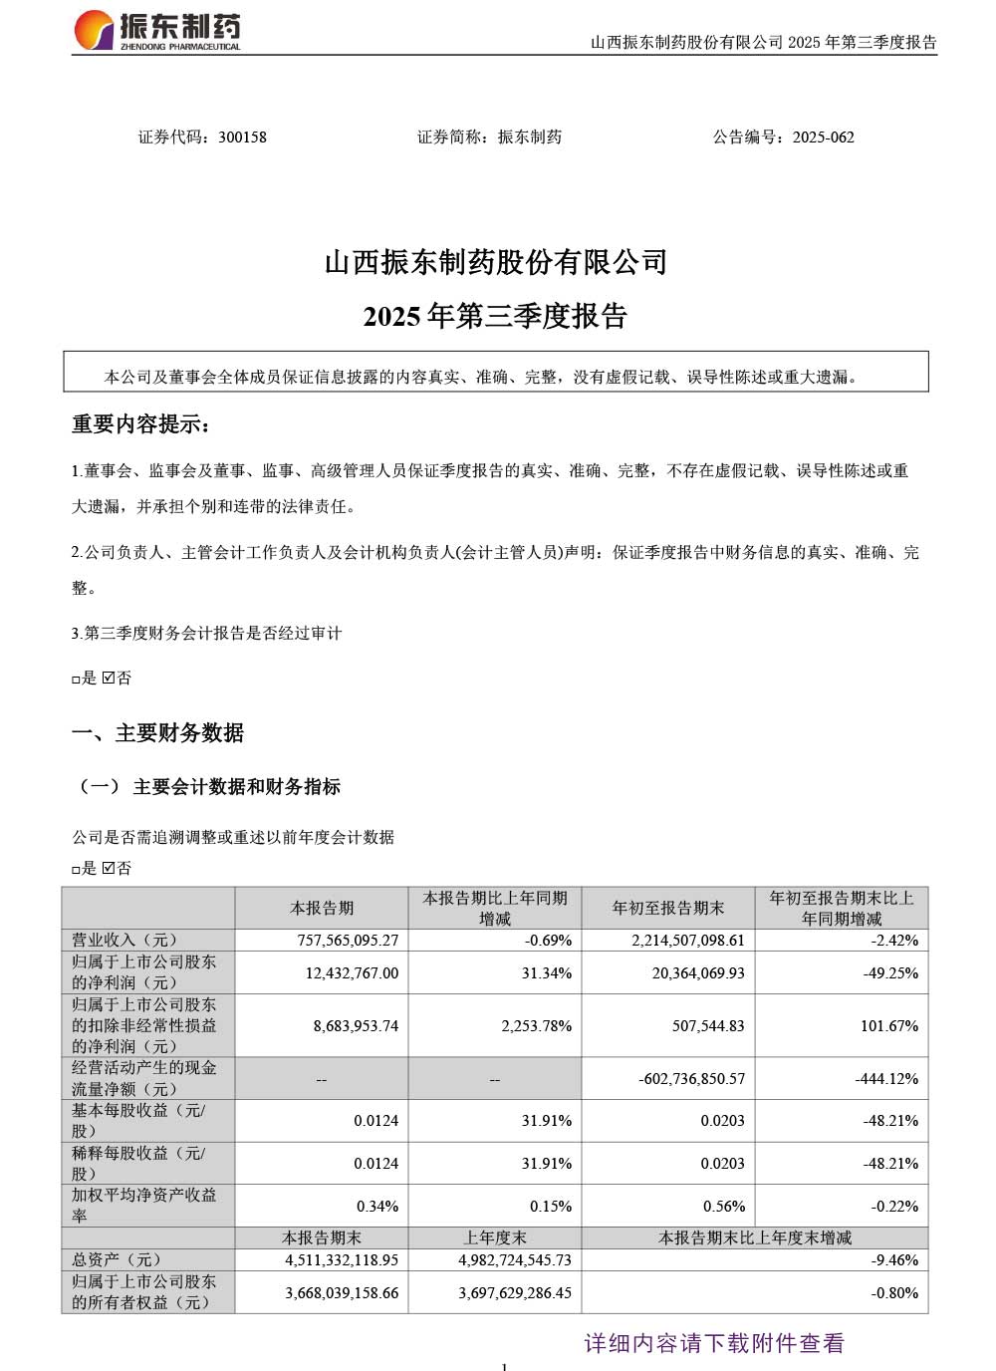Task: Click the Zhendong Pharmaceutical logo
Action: point(156,30)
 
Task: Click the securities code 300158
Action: point(242,137)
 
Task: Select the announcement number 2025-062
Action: point(824,137)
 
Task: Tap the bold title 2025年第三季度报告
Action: point(495,316)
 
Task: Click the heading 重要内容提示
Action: point(140,424)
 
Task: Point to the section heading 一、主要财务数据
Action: point(157,733)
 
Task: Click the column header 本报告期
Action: point(322,908)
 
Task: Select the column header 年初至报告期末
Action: point(668,908)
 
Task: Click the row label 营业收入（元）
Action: point(124,940)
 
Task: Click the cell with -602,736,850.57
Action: point(691,1078)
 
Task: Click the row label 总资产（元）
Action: point(117,1259)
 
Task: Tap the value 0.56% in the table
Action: point(724,1206)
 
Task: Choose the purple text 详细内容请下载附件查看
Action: point(713,1343)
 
